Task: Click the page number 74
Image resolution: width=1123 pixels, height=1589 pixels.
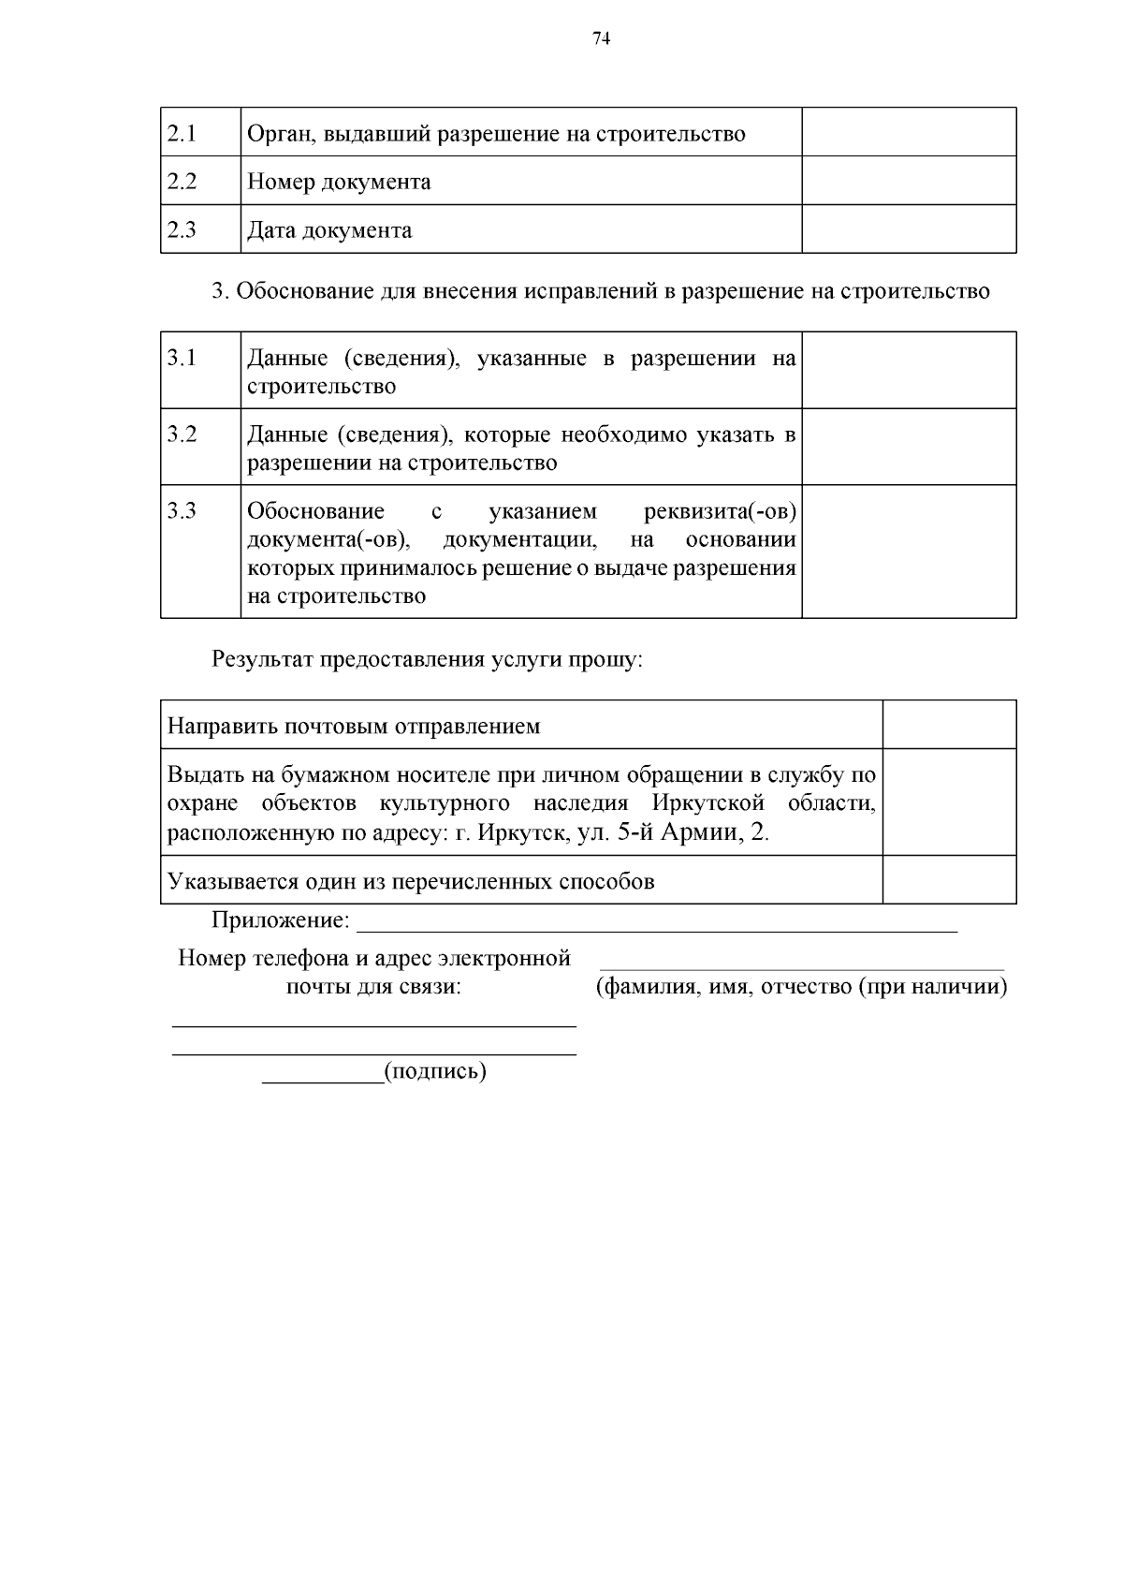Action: pos(602,38)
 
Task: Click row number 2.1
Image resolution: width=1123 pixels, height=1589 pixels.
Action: pos(182,133)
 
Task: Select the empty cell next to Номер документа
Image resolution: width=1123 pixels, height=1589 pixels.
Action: pos(908,181)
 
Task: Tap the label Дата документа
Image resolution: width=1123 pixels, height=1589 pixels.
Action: pos(329,230)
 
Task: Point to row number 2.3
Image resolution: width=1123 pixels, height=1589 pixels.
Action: pos(182,230)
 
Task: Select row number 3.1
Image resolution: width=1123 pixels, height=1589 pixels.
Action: pos(182,358)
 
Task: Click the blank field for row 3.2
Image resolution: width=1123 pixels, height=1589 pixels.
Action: pos(908,447)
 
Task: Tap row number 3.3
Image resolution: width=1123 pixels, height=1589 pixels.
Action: pos(182,511)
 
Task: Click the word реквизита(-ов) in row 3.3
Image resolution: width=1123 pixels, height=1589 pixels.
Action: pos(720,511)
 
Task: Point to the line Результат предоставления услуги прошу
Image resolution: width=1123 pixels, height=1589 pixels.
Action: pos(428,659)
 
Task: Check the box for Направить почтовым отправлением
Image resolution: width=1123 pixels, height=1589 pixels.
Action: pos(949,725)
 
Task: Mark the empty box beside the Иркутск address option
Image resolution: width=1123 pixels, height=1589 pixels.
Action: pos(949,802)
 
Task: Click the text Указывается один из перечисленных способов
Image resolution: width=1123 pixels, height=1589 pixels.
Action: pos(411,881)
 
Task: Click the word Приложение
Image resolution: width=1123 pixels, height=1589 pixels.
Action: pos(280,920)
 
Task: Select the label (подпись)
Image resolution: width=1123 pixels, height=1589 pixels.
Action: pos(435,1071)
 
